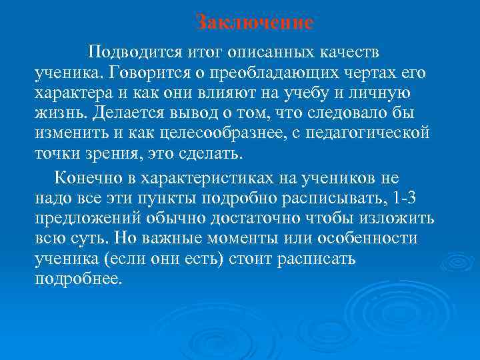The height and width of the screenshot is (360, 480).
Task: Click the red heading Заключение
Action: (x=255, y=23)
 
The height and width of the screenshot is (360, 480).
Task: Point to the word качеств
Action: (x=351, y=51)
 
